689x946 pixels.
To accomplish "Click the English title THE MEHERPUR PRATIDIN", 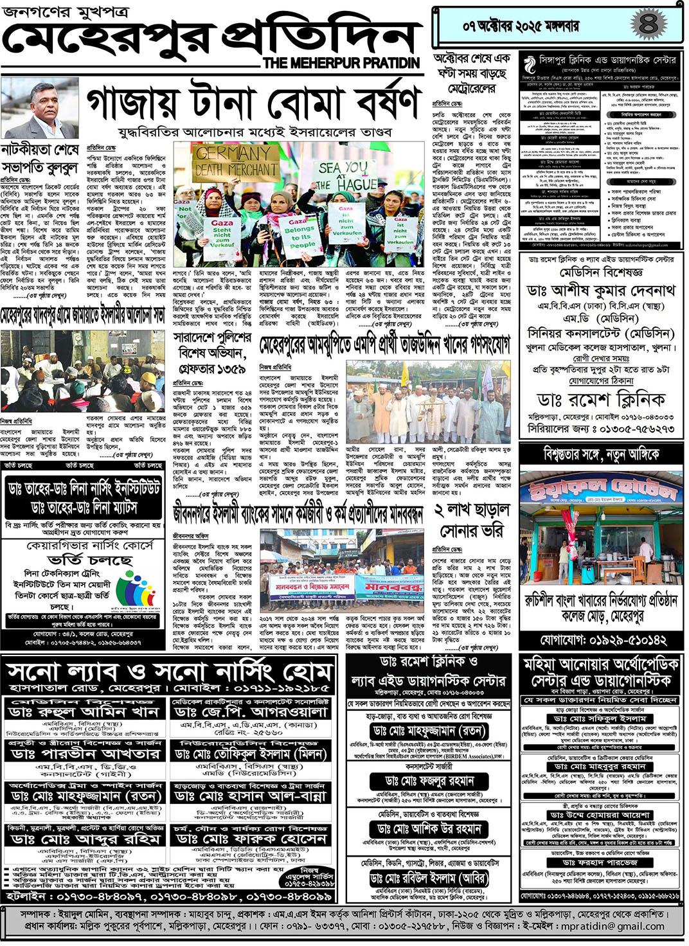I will click(341, 63).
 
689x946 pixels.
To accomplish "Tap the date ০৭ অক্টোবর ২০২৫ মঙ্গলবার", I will click(521, 26).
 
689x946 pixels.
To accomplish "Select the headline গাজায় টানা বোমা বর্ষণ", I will click(253, 103).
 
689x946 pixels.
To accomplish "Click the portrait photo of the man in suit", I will click(44, 110).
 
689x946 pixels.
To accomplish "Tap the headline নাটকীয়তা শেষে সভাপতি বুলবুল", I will click(40, 159).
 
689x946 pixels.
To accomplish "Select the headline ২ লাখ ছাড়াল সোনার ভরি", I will click(472, 521).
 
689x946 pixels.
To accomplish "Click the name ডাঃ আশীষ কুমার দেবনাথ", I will click(600, 291).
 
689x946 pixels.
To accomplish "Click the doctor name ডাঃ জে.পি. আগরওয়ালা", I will click(251, 713).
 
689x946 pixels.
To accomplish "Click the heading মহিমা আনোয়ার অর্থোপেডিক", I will click(601, 664).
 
